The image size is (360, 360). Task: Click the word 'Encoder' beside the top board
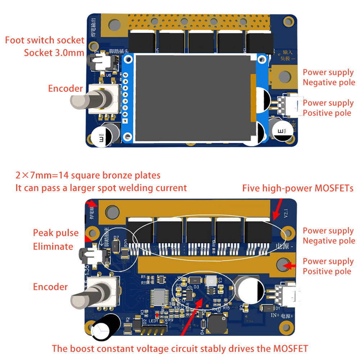pos(65,89)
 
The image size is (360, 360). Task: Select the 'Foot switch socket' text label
pos(45,40)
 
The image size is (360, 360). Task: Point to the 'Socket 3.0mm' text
pos(54,53)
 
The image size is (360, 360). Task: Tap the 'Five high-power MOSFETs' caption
pos(297,188)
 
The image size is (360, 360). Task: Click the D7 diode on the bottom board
pos(114,246)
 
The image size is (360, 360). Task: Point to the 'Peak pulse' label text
pos(56,233)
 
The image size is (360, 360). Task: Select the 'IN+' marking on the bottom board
pos(275,315)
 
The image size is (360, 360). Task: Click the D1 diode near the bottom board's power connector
pos(266,308)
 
